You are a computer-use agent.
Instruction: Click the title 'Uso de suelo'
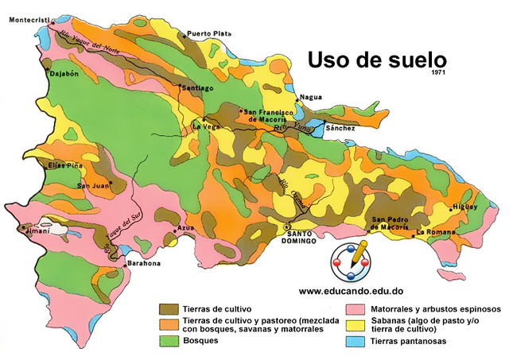376,60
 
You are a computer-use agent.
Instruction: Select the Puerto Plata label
209,34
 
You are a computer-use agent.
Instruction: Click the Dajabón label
42,74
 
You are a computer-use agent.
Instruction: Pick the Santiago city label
198,88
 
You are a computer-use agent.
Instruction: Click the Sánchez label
340,128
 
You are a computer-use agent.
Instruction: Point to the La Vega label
207,126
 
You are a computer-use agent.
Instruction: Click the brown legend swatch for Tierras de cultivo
169,308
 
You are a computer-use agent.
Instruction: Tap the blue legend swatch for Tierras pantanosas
357,341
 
